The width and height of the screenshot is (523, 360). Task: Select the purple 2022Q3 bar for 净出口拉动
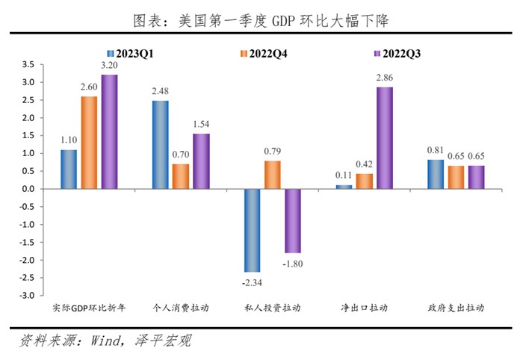coord(385,138)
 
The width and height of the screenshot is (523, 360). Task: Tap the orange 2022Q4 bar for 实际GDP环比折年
coord(89,143)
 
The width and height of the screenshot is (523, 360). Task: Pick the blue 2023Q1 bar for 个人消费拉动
coord(160,145)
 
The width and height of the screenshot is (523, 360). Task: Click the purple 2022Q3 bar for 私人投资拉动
coord(291,220)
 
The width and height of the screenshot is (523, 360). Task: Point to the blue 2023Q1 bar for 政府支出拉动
coord(435,174)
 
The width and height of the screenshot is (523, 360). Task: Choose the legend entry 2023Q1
coord(137,54)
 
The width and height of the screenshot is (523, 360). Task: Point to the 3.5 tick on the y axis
coord(27,65)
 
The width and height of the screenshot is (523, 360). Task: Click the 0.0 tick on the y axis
coord(27,189)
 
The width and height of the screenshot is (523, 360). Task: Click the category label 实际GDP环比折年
coord(89,308)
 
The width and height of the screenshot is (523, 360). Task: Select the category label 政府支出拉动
coord(456,308)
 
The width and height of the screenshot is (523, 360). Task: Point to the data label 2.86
coord(385,78)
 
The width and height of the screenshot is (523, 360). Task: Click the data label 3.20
coord(110,66)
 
